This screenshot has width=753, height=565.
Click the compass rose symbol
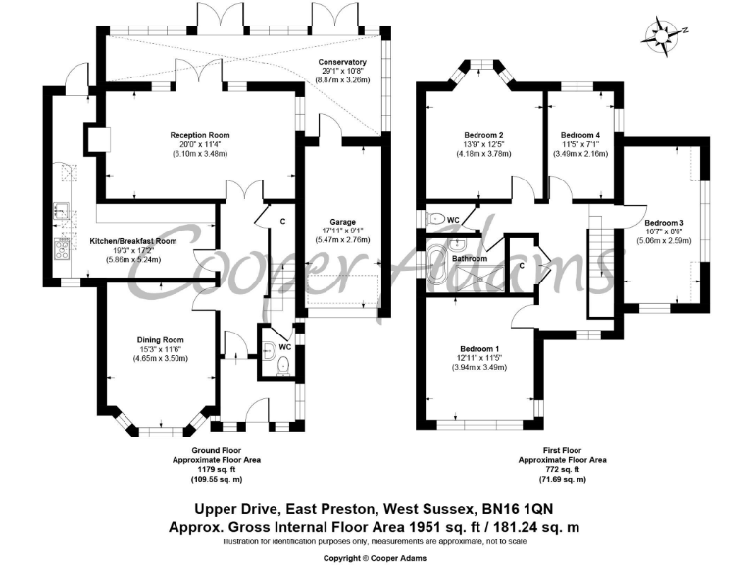coord(664,35)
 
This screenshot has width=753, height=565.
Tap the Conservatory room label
coord(342,62)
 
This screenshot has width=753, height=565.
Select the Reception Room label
coord(200,135)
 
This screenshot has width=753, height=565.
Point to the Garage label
coord(342,222)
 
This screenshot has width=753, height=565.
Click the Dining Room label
coord(161,340)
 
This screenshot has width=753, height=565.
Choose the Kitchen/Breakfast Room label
coord(133,241)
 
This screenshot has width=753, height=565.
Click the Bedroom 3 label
coord(664,223)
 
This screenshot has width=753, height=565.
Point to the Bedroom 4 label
coord(580,135)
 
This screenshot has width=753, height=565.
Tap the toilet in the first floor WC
coord(435,219)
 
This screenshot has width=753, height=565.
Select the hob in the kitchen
coord(63,249)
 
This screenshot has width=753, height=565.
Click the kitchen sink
coord(61,211)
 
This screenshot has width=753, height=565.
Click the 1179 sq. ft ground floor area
coord(217,470)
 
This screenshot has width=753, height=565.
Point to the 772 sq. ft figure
coord(562,470)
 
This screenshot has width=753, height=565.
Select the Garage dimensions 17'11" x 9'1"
coord(342,231)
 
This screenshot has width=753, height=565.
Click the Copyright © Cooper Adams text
coord(375,558)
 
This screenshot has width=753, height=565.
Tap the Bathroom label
coord(470,259)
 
